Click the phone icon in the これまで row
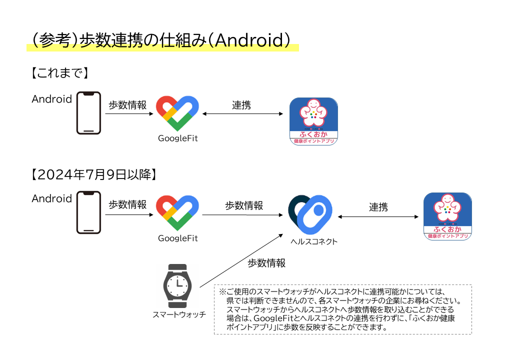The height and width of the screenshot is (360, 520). (88, 113)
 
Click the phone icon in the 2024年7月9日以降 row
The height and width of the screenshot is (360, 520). (88, 212)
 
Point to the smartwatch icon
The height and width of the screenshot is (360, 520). (176, 286)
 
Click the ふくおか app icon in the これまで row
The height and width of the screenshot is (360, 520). (314, 121)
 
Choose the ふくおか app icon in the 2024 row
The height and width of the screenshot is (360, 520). (447, 216)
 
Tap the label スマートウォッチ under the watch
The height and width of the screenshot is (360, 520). (179, 315)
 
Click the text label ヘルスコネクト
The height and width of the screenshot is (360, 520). (314, 241)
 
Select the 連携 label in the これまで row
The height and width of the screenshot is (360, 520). (241, 105)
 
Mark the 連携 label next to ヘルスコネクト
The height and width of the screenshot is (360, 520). (378, 206)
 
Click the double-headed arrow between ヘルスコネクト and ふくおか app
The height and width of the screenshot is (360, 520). (378, 217)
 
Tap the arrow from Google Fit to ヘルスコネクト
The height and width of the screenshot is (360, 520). (243, 215)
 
